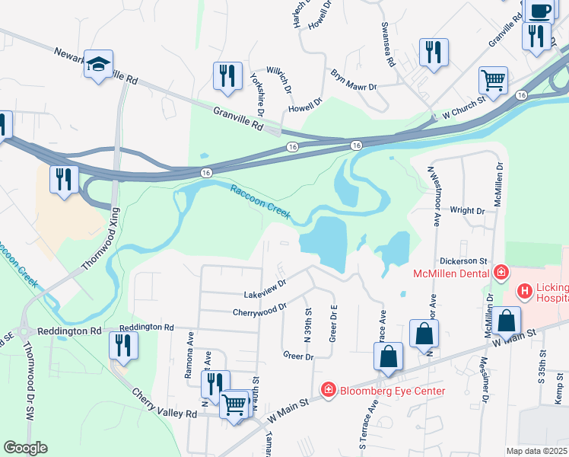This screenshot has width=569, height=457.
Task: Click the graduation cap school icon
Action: pyautogui.click(x=98, y=63)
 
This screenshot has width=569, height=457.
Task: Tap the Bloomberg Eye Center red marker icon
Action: pyautogui.click(x=328, y=391)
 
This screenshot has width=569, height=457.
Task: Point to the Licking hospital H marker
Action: pyautogui.click(x=524, y=291)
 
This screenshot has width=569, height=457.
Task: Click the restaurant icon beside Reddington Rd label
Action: pyautogui.click(x=122, y=345)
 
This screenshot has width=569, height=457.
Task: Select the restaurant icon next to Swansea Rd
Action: pyautogui.click(x=434, y=52)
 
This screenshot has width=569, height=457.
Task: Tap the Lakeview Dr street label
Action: pyautogui.click(x=265, y=288)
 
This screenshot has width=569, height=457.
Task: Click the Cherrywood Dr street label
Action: pyautogui.click(x=259, y=308)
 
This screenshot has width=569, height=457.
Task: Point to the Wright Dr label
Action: pyautogui.click(x=467, y=210)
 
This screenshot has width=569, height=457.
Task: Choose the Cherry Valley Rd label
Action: pyautogui.click(x=165, y=404)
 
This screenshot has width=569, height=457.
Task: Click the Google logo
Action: pyautogui.click(x=25, y=448)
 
